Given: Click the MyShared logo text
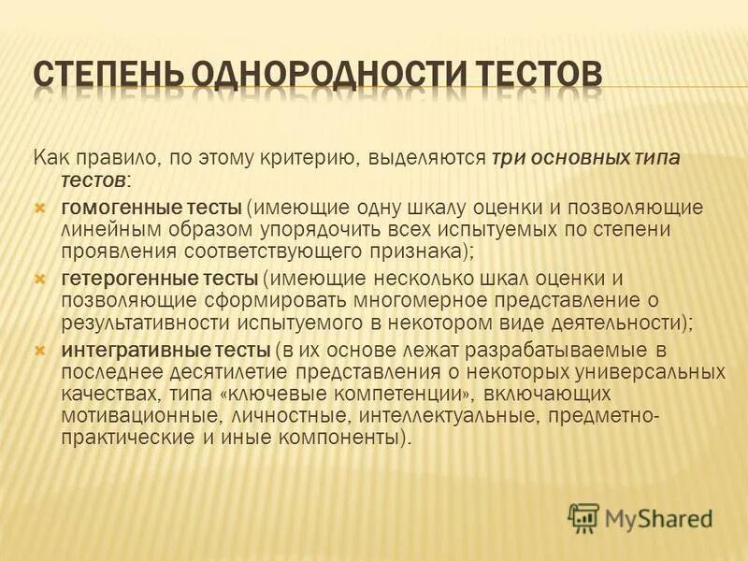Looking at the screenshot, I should point(658,517).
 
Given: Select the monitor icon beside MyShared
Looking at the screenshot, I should point(584,517).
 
